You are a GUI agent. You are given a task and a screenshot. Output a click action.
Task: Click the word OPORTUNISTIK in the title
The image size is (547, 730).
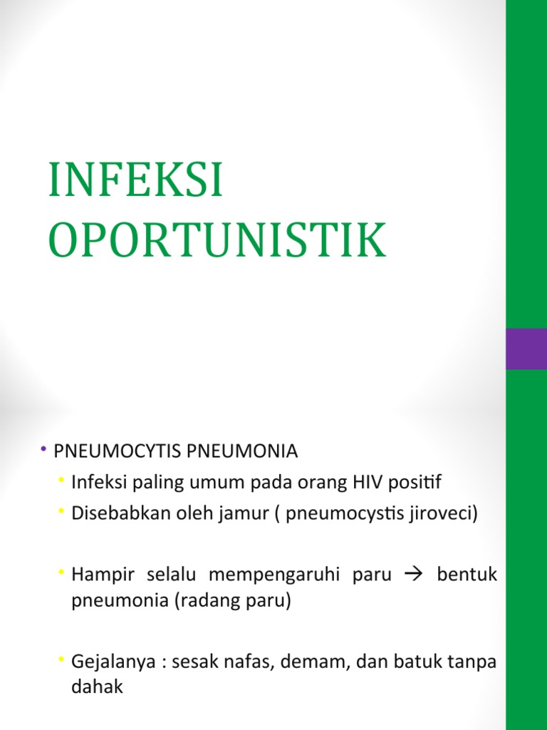click(217, 241)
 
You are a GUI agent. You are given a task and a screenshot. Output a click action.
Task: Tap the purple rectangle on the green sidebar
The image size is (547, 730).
click(526, 349)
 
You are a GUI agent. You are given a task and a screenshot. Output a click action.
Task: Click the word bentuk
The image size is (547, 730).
click(467, 575)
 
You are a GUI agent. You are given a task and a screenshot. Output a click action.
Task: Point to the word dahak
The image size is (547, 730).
click(97, 687)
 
